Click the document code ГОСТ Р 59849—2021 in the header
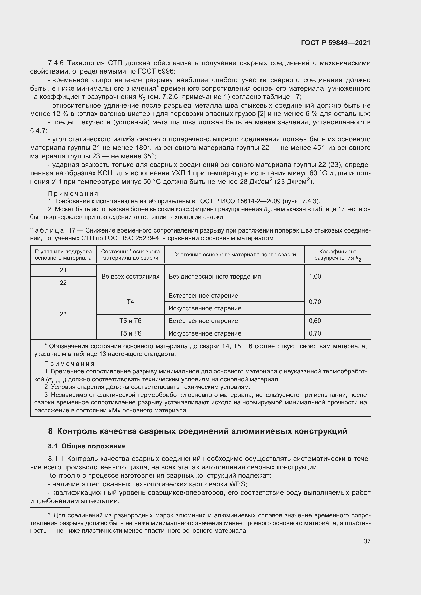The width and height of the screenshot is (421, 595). (335, 43)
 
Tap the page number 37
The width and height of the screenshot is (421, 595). (367, 541)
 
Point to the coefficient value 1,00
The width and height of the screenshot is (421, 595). (315, 277)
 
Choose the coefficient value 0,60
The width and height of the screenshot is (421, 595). (315, 321)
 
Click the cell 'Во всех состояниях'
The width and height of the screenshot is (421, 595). (130, 277)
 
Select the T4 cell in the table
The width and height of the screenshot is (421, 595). (130, 302)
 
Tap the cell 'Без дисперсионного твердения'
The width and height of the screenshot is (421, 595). (214, 277)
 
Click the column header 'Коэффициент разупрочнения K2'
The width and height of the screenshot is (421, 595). (338, 255)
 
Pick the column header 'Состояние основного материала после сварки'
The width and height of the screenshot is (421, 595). (234, 255)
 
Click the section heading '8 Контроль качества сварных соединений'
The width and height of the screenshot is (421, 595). (198, 431)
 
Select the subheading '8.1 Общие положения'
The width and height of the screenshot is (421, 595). (87, 446)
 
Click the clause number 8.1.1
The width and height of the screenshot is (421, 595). (56, 459)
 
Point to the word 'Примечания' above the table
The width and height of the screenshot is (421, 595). (73, 194)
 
